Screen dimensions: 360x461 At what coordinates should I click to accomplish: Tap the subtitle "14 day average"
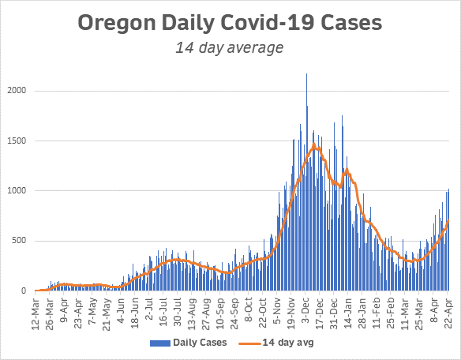click(230, 49)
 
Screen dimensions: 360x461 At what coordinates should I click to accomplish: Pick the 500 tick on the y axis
click(22, 241)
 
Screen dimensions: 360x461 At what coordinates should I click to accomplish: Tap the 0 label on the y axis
click(27, 291)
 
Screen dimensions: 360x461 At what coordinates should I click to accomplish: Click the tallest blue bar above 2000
click(306, 74)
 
